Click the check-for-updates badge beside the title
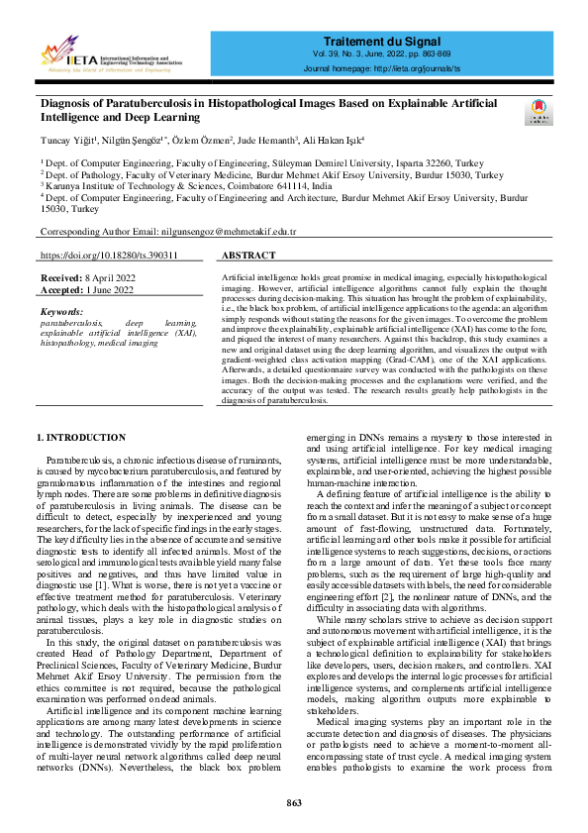(x=540, y=110)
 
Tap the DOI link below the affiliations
(x=109, y=256)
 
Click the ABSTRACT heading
(x=243, y=256)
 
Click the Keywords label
(x=61, y=312)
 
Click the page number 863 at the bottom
(x=294, y=802)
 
